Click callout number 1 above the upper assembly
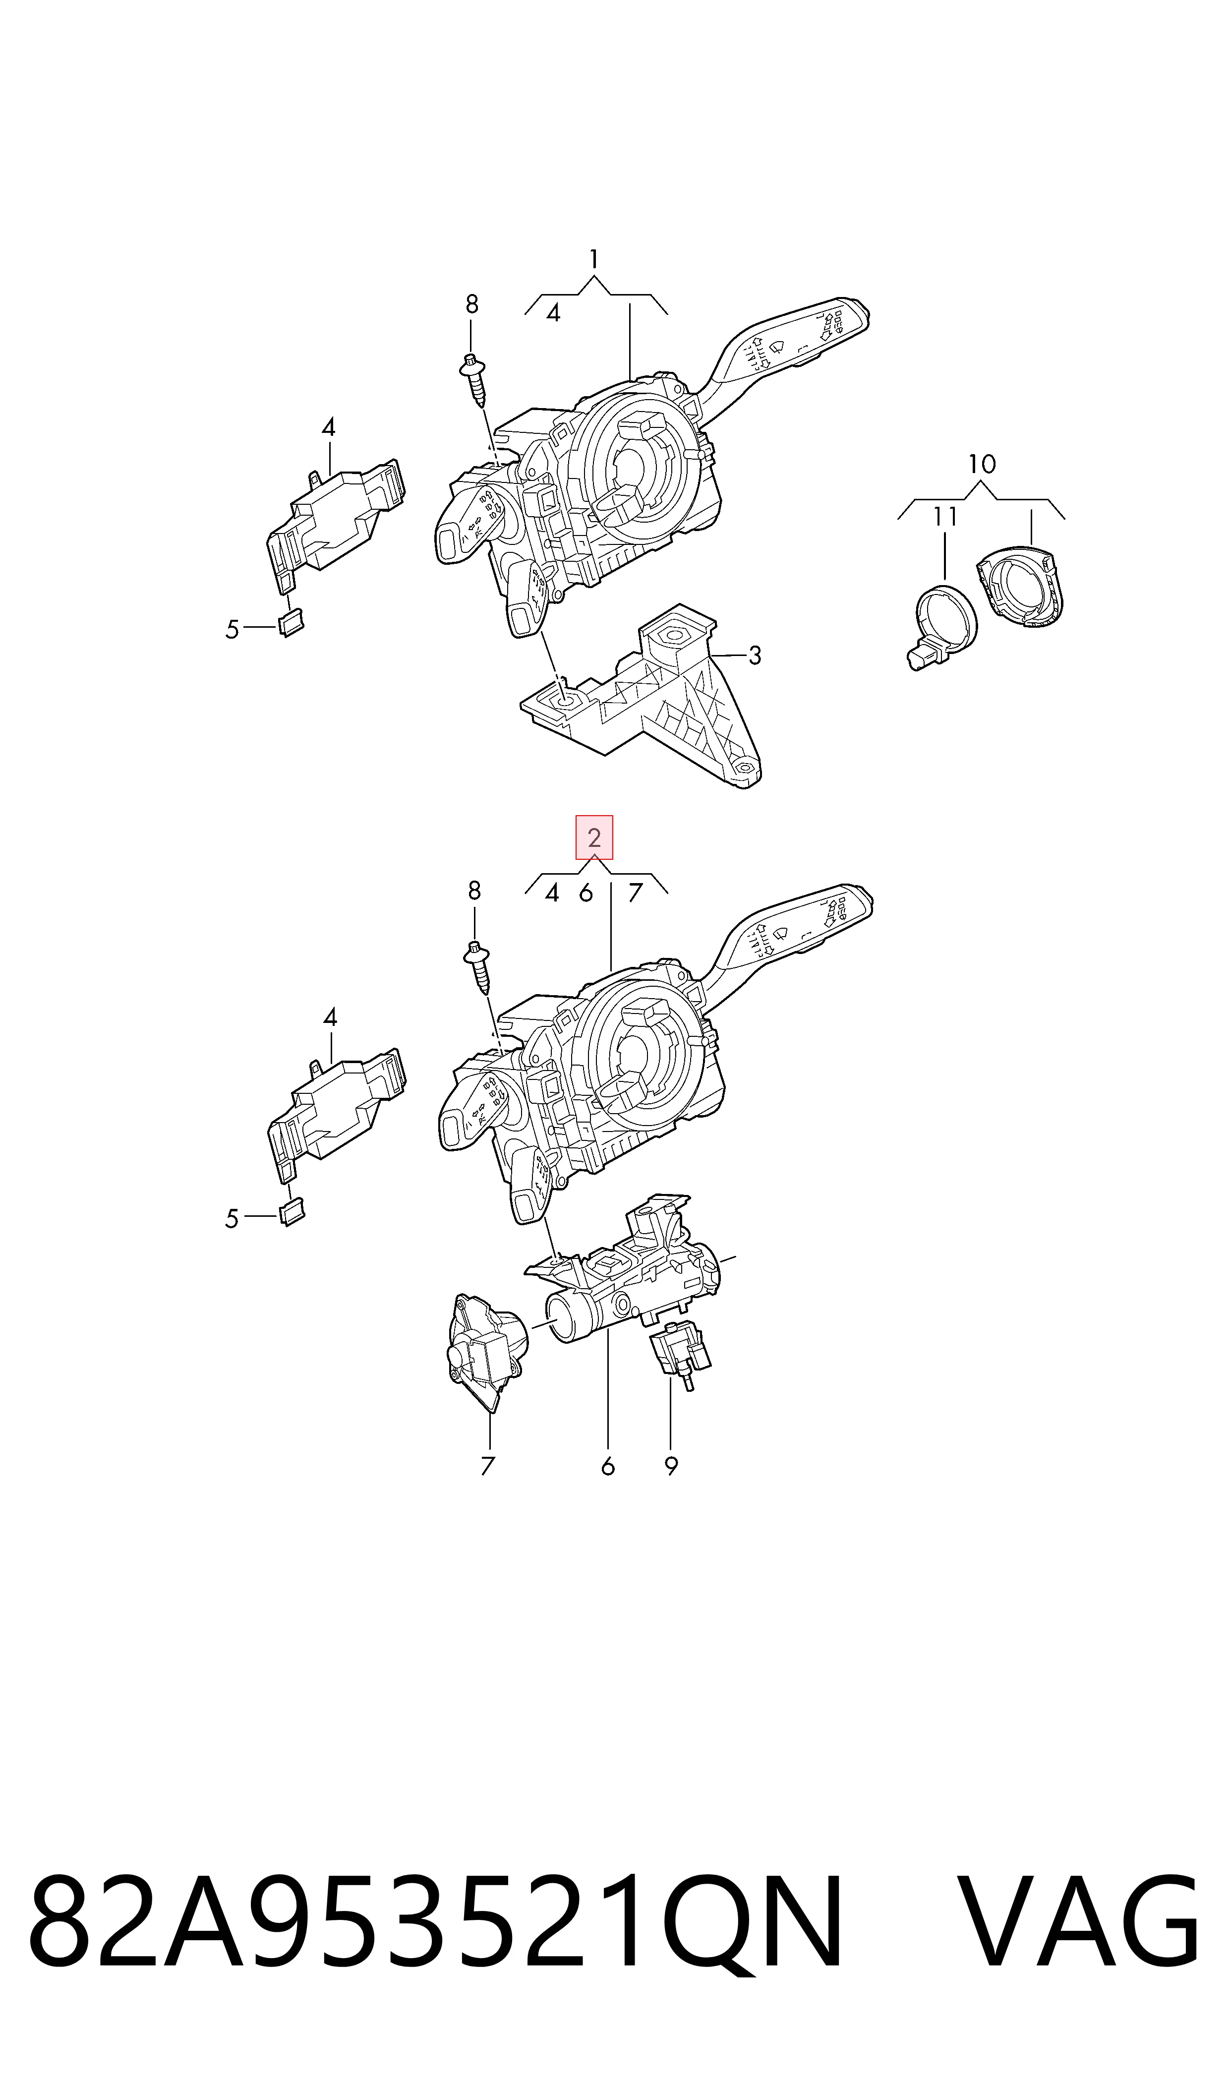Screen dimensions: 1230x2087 click(x=593, y=260)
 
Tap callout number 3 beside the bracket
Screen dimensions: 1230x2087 click(x=754, y=656)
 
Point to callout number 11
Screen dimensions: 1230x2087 click(x=945, y=516)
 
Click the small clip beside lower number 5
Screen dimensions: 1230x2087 click(x=291, y=1212)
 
